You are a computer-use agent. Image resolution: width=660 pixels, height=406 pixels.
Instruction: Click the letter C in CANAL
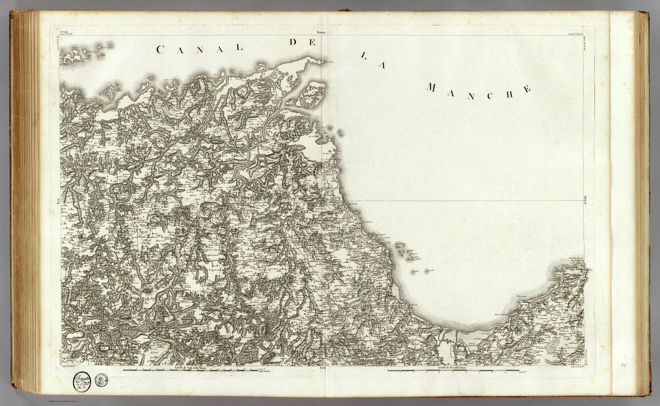[x=160, y=50]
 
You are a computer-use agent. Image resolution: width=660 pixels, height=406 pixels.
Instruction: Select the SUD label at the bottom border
[x=324, y=368]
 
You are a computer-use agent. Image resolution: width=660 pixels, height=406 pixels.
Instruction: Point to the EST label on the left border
[x=57, y=199]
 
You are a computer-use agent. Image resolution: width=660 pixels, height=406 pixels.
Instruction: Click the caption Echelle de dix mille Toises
[x=451, y=368]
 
